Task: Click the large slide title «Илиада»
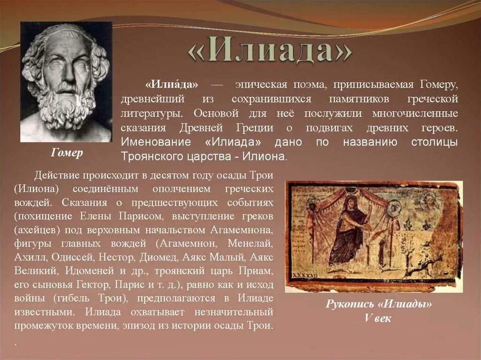pos(270,51)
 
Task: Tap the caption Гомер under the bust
pos(67,153)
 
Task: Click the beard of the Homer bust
pos(66,106)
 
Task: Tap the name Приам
pos(257,271)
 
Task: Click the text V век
pos(378,318)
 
